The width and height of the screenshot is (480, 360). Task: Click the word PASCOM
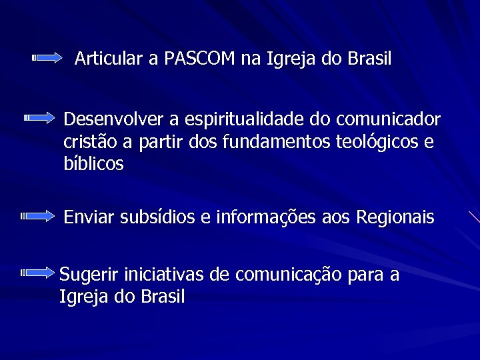coord(200,59)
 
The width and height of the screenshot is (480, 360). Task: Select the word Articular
coord(109,59)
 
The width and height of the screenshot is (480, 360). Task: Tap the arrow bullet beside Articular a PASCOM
coord(47,59)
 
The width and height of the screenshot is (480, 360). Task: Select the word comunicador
coord(388,119)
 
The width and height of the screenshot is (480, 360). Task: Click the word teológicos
coord(379,142)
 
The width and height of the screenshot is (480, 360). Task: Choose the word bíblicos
coord(93,164)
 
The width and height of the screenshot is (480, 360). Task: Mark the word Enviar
coord(89,217)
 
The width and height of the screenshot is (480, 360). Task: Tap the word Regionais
coord(395,217)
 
